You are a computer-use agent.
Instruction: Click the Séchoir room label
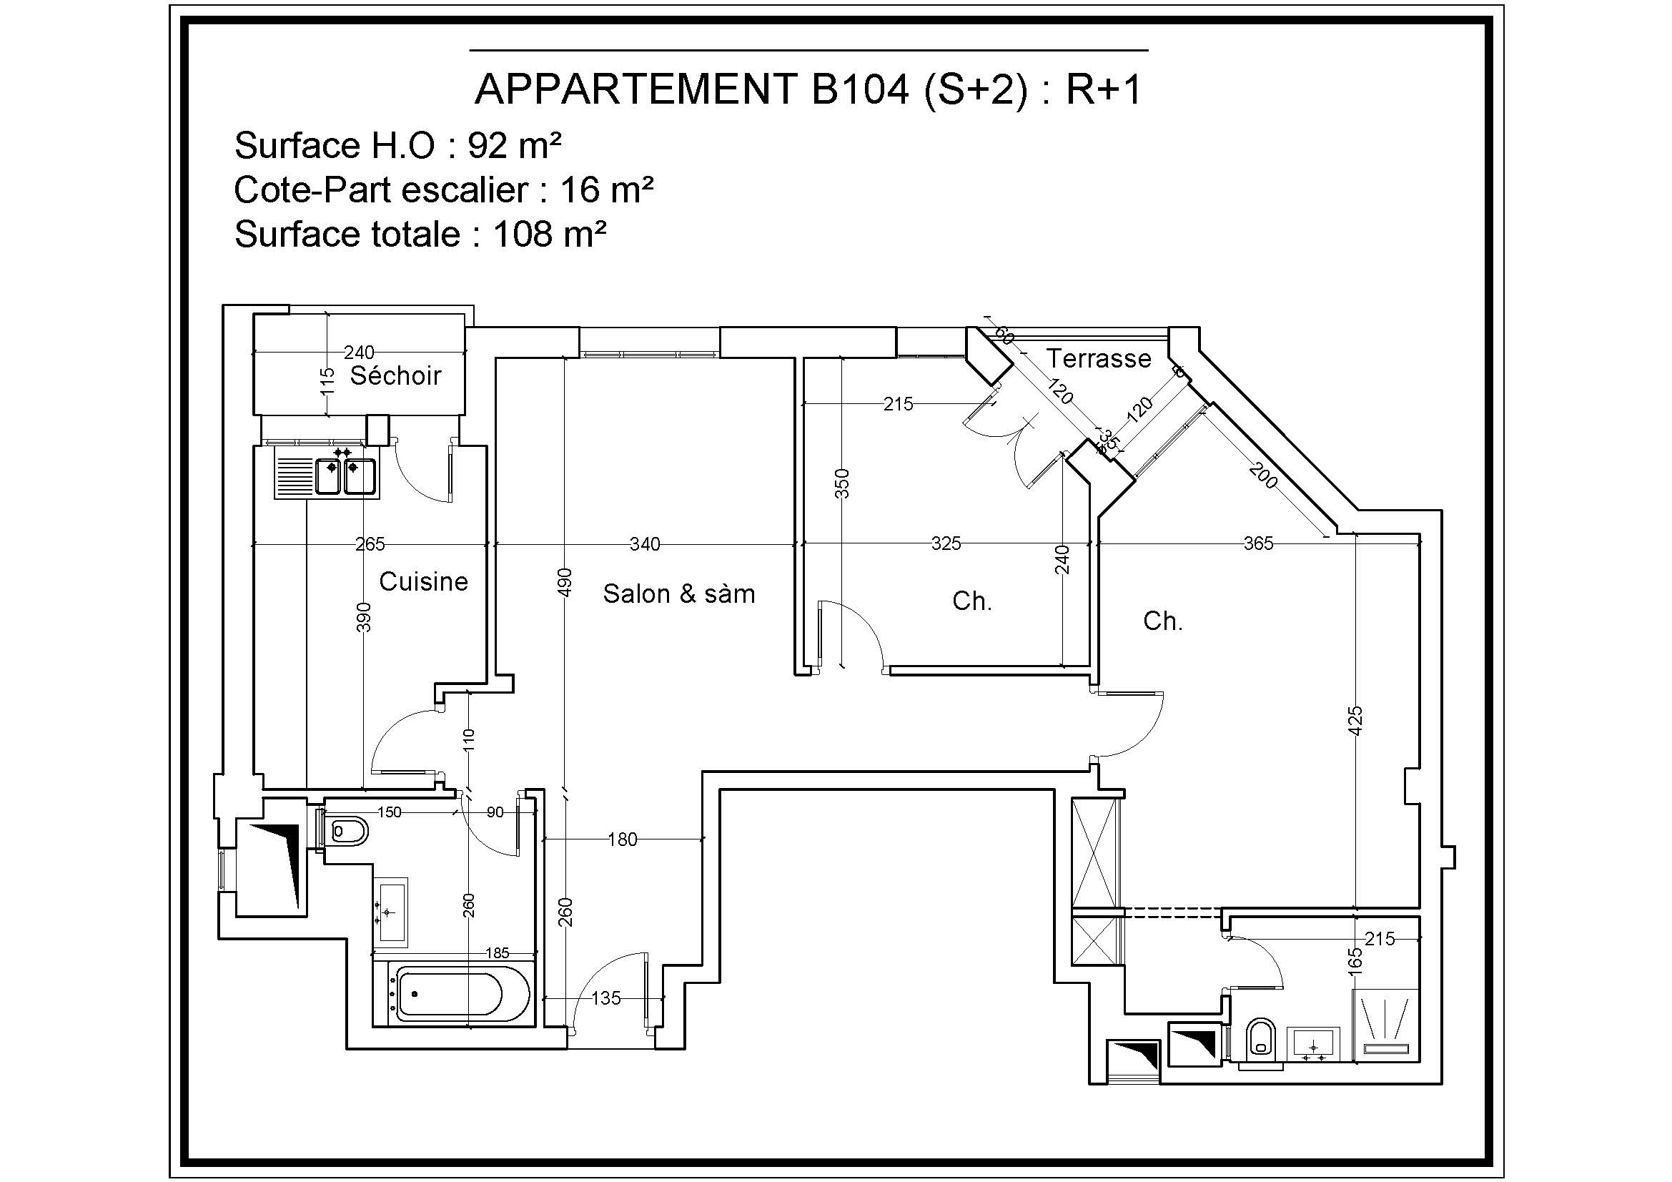pos(395,376)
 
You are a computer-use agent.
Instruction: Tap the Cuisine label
pos(423,581)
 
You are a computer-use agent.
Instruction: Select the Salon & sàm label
pos(678,594)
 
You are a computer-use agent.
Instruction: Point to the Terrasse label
pos(1098,358)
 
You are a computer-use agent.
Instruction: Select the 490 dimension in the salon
pos(565,582)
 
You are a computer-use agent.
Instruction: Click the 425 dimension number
pos(1355,720)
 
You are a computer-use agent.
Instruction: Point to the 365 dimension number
pos(1258,543)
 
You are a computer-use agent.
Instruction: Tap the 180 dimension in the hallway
pos(623,839)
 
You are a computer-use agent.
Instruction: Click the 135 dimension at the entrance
pos(606,998)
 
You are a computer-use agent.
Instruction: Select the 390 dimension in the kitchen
pos(364,617)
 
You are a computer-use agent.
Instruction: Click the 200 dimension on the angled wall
pos(1263,476)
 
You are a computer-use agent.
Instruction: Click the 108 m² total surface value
pos(550,235)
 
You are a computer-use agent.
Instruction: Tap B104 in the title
pos(860,89)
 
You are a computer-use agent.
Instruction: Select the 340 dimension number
pos(645,543)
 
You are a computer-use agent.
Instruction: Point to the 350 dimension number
pos(842,483)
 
